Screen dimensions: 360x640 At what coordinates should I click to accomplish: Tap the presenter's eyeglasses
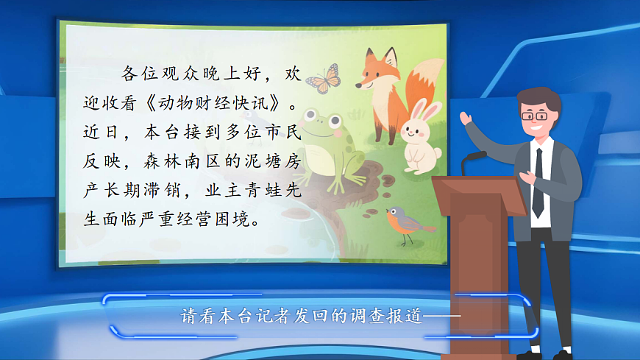(533, 116)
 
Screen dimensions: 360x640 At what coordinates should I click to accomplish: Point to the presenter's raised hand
(465, 118)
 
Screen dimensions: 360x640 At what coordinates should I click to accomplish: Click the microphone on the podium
(474, 156)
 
